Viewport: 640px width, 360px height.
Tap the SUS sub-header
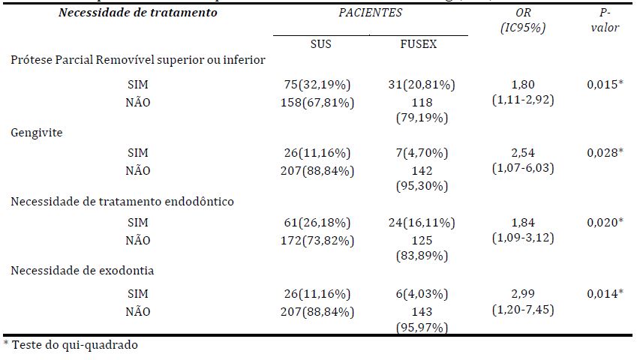[320, 44]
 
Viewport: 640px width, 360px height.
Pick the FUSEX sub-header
[419, 44]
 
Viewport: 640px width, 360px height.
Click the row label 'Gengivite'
[36, 132]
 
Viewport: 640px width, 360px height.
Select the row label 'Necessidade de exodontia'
[83, 270]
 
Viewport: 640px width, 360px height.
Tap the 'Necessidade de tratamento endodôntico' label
[122, 201]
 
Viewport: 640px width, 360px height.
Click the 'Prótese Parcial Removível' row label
[137, 60]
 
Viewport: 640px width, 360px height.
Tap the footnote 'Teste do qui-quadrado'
[71, 346]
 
